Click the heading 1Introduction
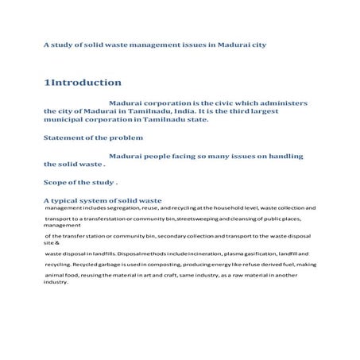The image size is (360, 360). [83, 83]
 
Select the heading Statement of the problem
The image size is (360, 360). [94, 137]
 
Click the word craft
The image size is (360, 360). [172, 276]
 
